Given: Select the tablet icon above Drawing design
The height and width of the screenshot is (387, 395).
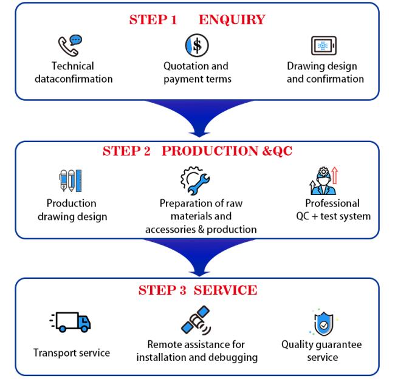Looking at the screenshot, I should tap(324, 46).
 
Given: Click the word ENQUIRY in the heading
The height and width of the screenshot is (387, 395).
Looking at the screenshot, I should tap(232, 20).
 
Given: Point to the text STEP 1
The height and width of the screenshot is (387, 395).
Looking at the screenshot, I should tap(153, 20).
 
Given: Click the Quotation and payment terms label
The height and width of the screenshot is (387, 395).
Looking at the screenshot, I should tap(197, 72).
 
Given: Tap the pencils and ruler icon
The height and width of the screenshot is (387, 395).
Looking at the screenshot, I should tap(70, 181).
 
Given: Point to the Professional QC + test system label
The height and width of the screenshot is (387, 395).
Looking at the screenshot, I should tap(331, 210).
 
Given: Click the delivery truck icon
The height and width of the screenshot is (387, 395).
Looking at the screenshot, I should tap(70, 323).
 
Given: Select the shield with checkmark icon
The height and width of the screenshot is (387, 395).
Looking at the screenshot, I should tap(322, 323).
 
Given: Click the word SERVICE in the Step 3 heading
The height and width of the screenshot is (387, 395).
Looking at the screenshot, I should tap(225, 290).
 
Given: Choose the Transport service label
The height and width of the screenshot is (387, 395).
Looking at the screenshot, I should tap(72, 352).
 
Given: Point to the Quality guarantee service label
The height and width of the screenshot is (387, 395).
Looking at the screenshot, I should tap(321, 351).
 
